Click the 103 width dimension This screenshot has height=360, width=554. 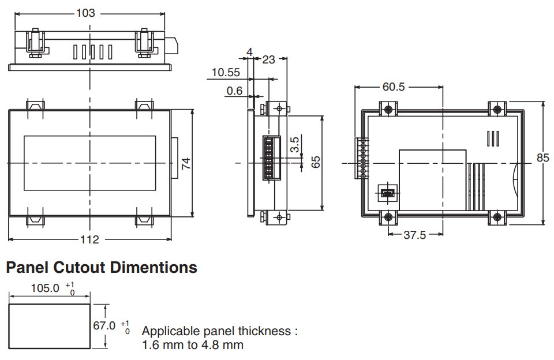pos(86,13)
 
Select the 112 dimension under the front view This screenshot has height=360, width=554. pos(89,239)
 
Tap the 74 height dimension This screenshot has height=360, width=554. pos(186,163)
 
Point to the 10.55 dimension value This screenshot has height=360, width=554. pos(226,73)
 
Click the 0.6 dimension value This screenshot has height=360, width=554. pos(234,91)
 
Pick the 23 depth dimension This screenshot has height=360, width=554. pos(268,59)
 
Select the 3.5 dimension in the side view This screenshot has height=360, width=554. pos(295,144)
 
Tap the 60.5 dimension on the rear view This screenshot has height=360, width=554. pos(394,87)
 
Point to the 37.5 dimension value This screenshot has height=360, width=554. pos(415,235)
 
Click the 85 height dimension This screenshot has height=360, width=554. pos(542,157)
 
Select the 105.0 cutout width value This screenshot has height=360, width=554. pos(45,288)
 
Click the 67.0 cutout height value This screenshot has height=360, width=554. pos(104,325)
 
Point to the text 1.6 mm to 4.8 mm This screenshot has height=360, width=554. pos(193,345)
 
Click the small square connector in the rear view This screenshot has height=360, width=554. pos(388,193)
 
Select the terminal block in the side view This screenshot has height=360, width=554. pos(271,157)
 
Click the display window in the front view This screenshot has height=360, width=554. pos(90,163)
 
